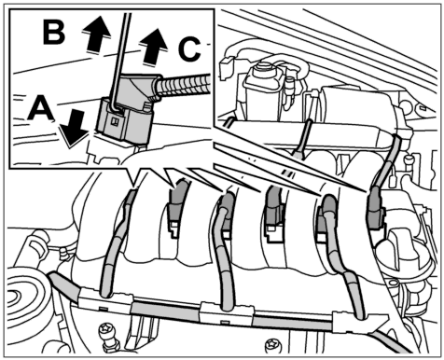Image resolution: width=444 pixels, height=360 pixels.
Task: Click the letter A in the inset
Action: coord(41,107)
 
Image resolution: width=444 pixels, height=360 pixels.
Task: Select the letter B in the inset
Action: coord(54,32)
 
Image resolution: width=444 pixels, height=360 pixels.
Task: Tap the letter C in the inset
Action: coord(189,49)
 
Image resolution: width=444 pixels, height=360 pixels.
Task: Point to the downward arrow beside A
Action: coord(75,129)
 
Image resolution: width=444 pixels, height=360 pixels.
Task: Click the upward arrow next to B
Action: coord(96,35)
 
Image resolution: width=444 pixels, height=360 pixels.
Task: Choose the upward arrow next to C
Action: coord(153,47)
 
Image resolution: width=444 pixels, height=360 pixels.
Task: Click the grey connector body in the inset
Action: coord(129,109)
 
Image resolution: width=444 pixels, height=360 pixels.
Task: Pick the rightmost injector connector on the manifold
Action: coord(376,206)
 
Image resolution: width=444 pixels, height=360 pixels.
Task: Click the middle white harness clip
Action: coord(226,313)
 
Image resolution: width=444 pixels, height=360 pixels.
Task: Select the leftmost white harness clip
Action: coord(104,302)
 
